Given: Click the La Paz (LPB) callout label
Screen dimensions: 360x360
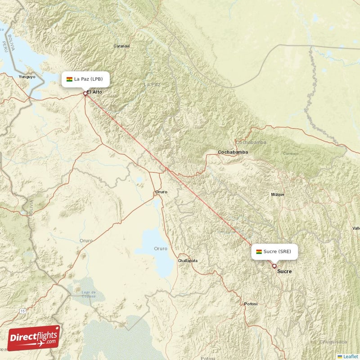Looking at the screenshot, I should pyautogui.click(x=84, y=79).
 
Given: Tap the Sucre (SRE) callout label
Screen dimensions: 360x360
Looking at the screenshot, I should pyautogui.click(x=274, y=252).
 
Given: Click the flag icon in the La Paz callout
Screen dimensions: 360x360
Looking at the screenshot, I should pyautogui.click(x=69, y=80).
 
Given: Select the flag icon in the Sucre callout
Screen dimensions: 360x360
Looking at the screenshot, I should pyautogui.click(x=259, y=252).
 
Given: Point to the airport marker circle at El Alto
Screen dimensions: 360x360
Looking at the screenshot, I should pyautogui.click(x=85, y=94).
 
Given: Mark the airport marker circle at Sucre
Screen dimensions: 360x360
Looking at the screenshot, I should pyautogui.click(x=274, y=266).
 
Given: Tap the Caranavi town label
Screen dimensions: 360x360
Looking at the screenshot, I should pyautogui.click(x=121, y=46).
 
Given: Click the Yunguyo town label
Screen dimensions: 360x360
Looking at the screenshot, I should pyautogui.click(x=27, y=77).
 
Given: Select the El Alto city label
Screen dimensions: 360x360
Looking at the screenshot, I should pyautogui.click(x=95, y=92).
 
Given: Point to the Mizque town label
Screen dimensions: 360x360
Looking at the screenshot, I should pyautogui.click(x=278, y=194).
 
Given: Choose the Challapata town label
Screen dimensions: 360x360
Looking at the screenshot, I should pyautogui.click(x=188, y=261).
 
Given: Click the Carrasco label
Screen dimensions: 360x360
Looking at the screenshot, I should pyautogui.click(x=291, y=153).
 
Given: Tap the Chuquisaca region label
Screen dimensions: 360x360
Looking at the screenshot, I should pyautogui.click(x=332, y=342).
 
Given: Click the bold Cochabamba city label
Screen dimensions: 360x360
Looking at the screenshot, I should pyautogui.click(x=233, y=152).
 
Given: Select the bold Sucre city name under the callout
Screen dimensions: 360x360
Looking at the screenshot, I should pyautogui.click(x=284, y=271).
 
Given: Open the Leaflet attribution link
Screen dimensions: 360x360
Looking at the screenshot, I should pyautogui.click(x=350, y=356).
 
